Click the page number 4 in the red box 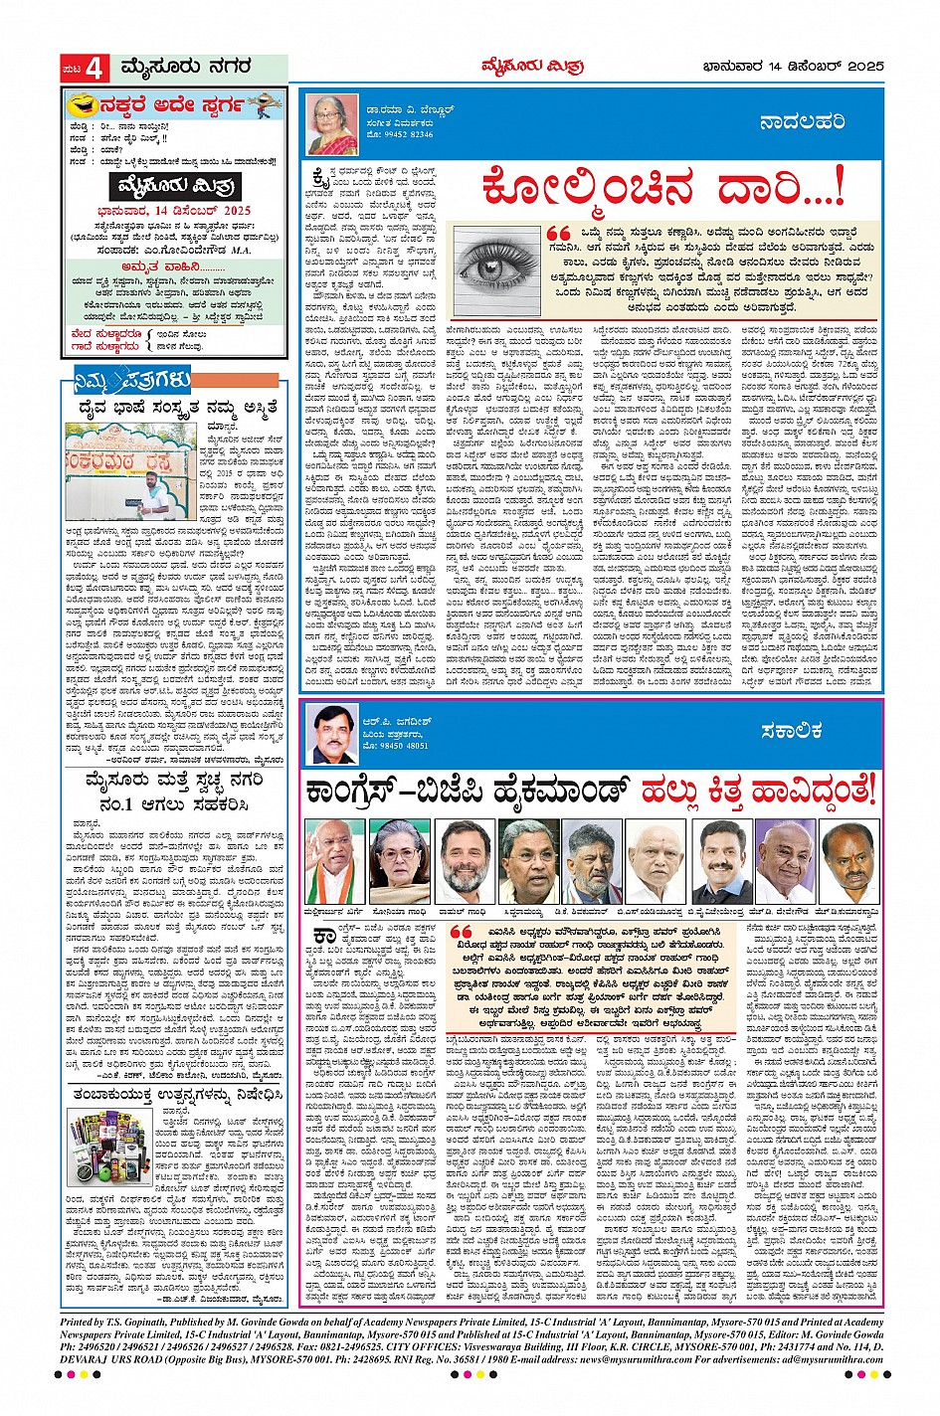[94, 69]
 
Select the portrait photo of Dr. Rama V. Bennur [331, 124]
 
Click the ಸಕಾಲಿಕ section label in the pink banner [791, 731]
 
